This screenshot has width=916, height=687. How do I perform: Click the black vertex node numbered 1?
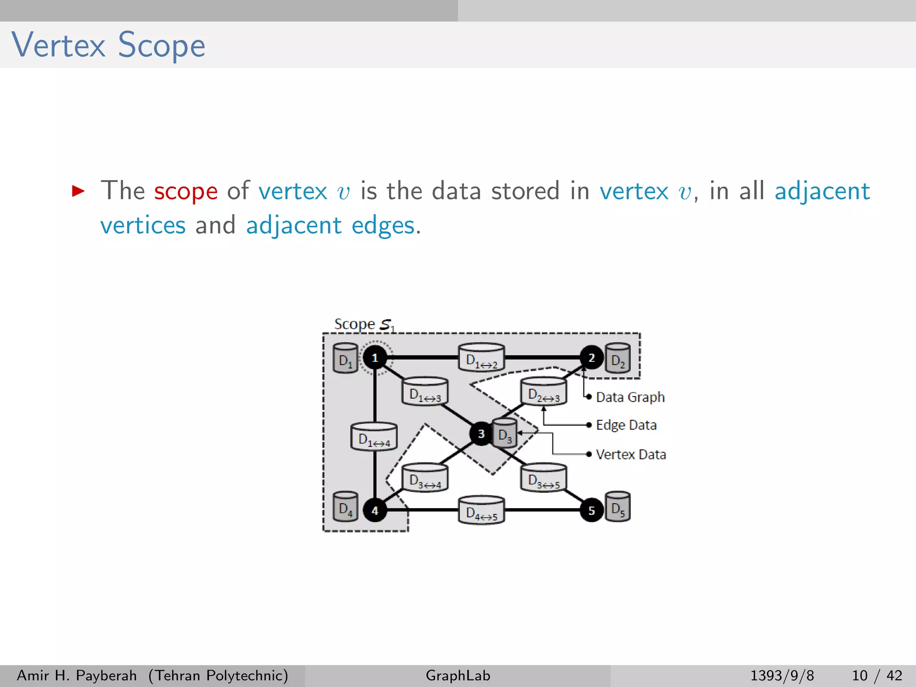click(x=375, y=357)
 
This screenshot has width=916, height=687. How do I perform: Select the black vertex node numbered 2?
click(x=591, y=357)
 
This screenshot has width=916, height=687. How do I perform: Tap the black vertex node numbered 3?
click(x=481, y=433)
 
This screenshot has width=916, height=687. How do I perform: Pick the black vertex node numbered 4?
click(x=375, y=510)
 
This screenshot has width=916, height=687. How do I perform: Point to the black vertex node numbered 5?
click(x=591, y=510)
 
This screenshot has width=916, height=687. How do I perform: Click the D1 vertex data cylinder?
click(x=345, y=358)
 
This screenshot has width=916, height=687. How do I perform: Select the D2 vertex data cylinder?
click(x=618, y=358)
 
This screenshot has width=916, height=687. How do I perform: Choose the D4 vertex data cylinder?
click(x=345, y=507)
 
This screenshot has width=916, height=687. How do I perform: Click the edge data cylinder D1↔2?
click(x=481, y=358)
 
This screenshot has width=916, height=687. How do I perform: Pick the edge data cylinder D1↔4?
click(x=374, y=437)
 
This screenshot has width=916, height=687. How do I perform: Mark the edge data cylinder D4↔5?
click(x=481, y=510)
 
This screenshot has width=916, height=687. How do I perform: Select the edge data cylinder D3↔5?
click(x=543, y=478)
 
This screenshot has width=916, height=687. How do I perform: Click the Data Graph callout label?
click(x=630, y=397)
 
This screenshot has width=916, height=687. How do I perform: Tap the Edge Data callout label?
click(x=626, y=425)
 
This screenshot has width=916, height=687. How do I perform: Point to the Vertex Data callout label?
click(x=631, y=454)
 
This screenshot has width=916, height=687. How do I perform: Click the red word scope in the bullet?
click(x=186, y=191)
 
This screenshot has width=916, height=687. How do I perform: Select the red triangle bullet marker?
click(x=78, y=191)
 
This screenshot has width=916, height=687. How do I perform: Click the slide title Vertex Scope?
click(x=108, y=45)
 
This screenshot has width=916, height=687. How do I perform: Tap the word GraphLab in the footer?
click(x=458, y=675)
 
